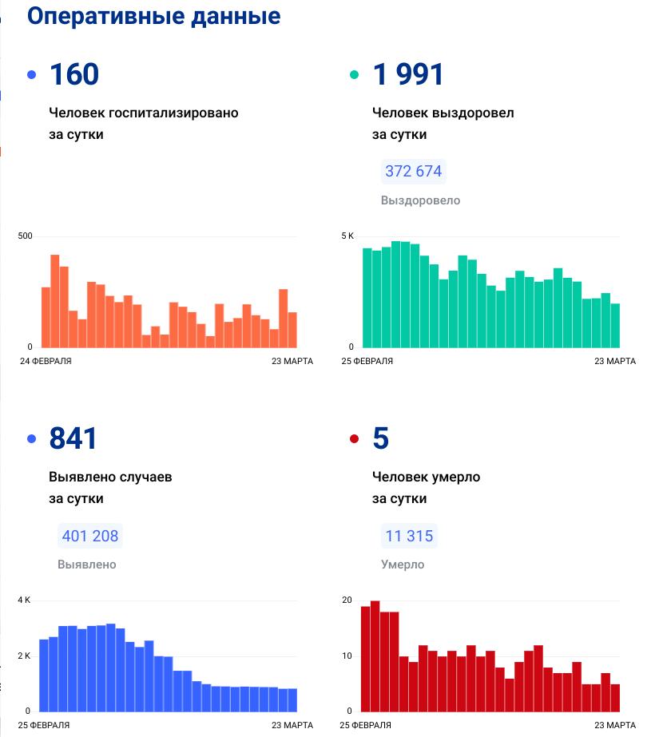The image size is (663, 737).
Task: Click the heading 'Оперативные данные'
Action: coord(154,16)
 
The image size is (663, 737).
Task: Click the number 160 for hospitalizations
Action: coord(74,74)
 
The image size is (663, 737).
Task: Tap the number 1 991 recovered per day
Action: coord(408,74)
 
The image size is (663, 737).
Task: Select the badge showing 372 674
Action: coord(413,172)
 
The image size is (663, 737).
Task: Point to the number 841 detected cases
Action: coord(73,438)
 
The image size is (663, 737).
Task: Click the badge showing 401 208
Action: coord(89,536)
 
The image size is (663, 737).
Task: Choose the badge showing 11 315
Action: coord(409,536)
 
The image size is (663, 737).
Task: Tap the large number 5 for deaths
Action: coord(381,438)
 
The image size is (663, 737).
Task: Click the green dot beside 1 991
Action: coord(355,75)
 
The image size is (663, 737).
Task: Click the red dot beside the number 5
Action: coord(355,439)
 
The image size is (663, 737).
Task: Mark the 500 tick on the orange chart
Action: coord(25,236)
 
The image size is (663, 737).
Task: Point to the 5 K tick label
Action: coord(347,236)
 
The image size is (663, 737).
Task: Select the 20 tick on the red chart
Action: coord(347,600)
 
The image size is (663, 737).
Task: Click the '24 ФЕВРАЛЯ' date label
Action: coord(46,362)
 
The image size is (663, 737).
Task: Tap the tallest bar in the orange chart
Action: coord(55,301)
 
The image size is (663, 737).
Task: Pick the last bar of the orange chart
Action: coord(292,330)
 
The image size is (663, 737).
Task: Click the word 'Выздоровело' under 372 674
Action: coord(420,200)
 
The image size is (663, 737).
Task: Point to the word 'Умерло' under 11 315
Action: coord(403,565)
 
